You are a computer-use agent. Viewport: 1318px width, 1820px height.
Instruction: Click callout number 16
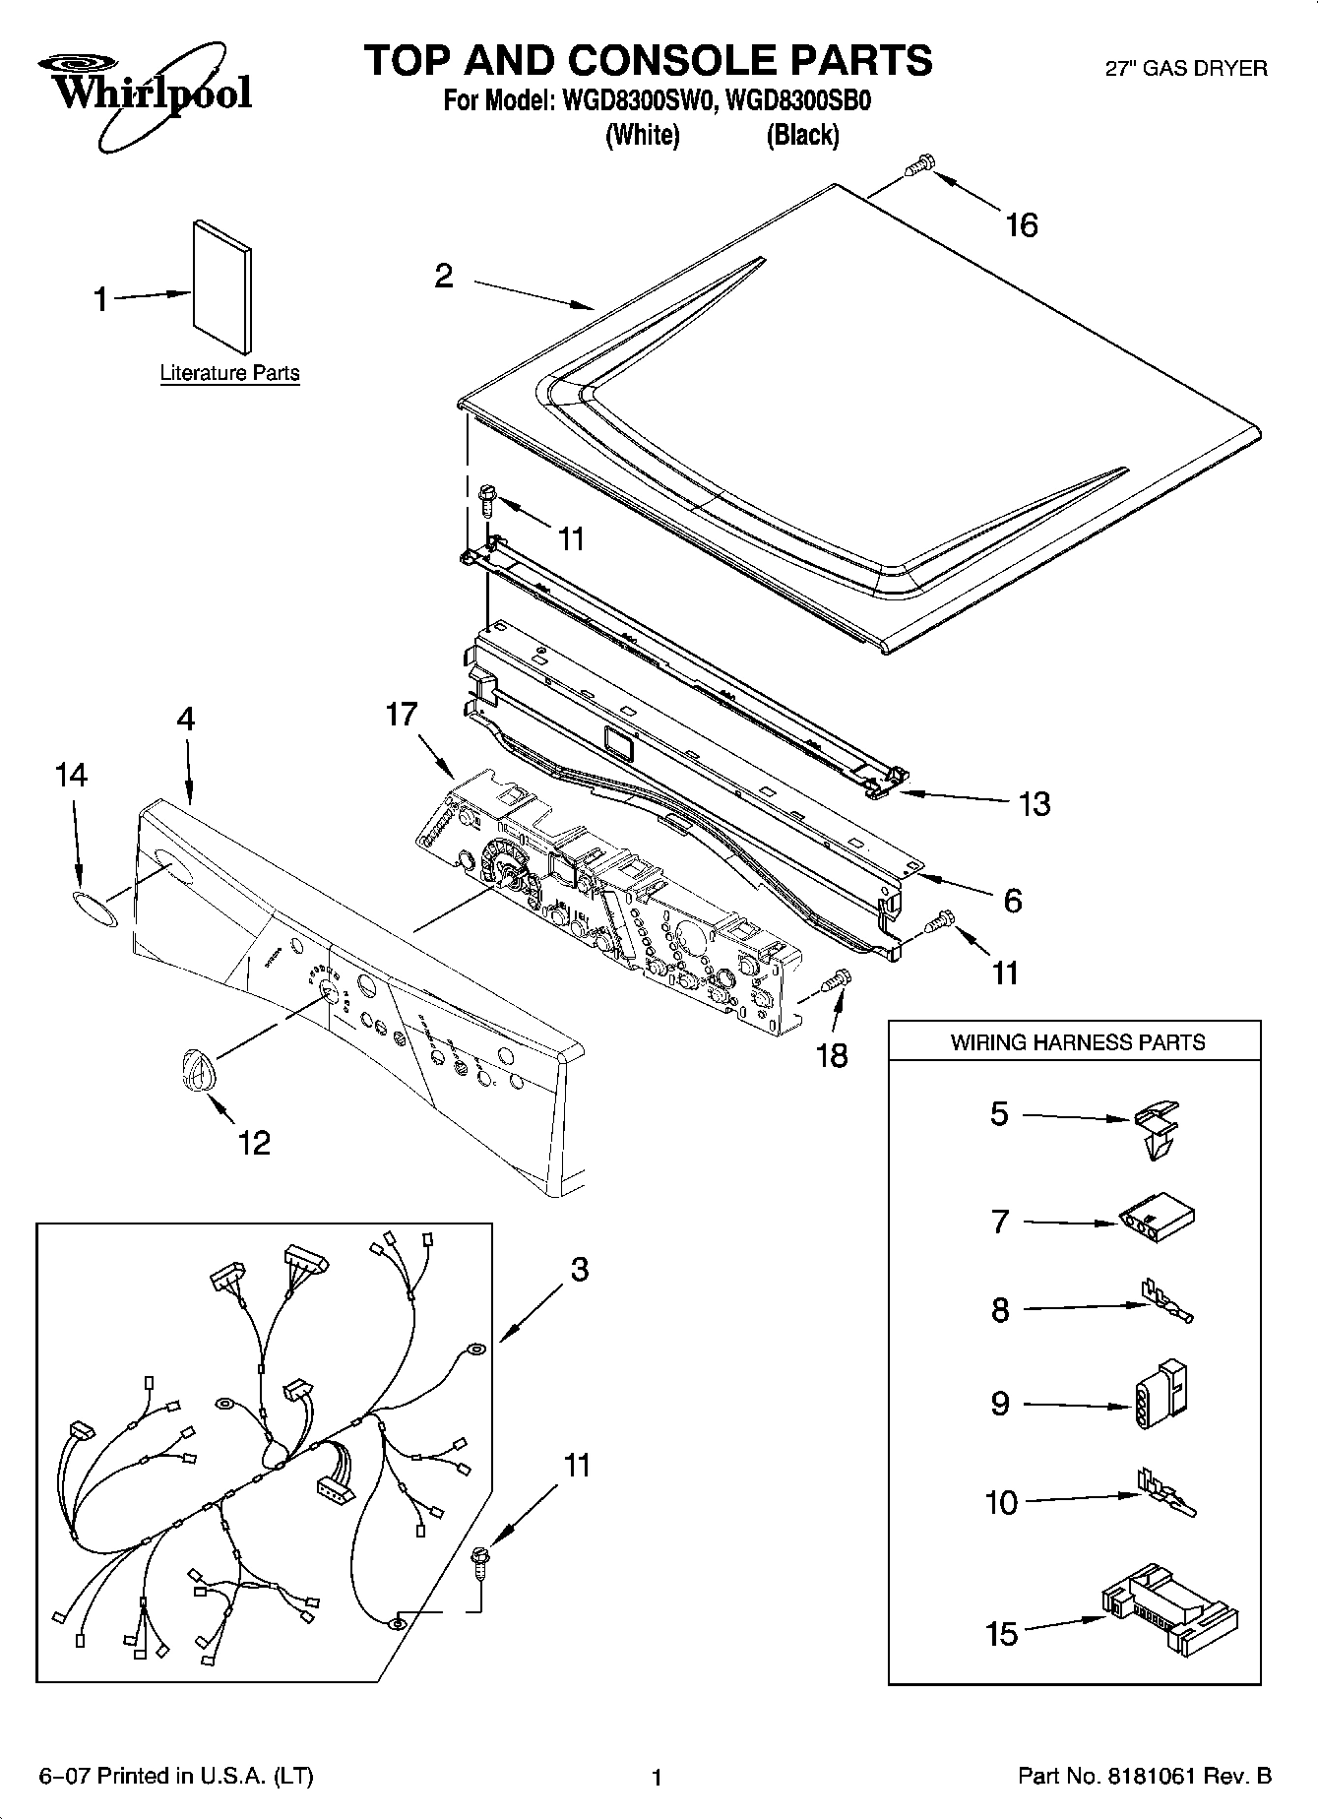[1022, 225]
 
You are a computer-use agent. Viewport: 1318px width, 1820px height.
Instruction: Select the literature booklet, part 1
[220, 285]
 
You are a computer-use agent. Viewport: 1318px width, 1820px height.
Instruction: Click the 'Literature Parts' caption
[229, 373]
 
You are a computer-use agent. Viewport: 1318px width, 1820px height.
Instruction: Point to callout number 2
[444, 276]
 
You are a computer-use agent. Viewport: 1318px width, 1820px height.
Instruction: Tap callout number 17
[402, 714]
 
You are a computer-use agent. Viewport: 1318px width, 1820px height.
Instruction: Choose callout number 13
[1035, 804]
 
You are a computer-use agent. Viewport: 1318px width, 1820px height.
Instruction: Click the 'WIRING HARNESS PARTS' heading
[1077, 1042]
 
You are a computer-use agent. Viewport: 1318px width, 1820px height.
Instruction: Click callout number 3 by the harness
[580, 1270]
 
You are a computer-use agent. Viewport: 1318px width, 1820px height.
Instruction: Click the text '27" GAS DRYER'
[1187, 68]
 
